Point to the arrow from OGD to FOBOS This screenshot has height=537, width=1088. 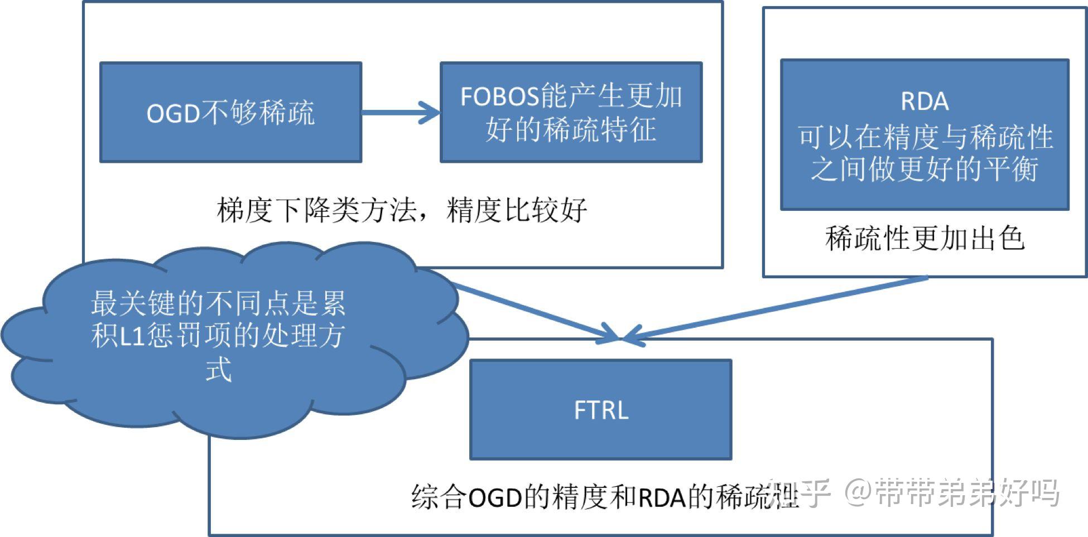pos(401,113)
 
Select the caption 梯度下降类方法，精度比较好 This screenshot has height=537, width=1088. pos(402,211)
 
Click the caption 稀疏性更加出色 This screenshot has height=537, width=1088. pos(925,239)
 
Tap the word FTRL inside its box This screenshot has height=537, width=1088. pos(601,410)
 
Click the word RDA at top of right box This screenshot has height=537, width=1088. pos(925,101)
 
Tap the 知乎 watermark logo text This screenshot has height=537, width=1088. pos(799,493)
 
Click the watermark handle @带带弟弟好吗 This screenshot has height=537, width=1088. pos(951,493)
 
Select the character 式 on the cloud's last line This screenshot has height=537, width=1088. pos(218,369)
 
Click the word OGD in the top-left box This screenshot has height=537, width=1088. pos(173,114)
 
